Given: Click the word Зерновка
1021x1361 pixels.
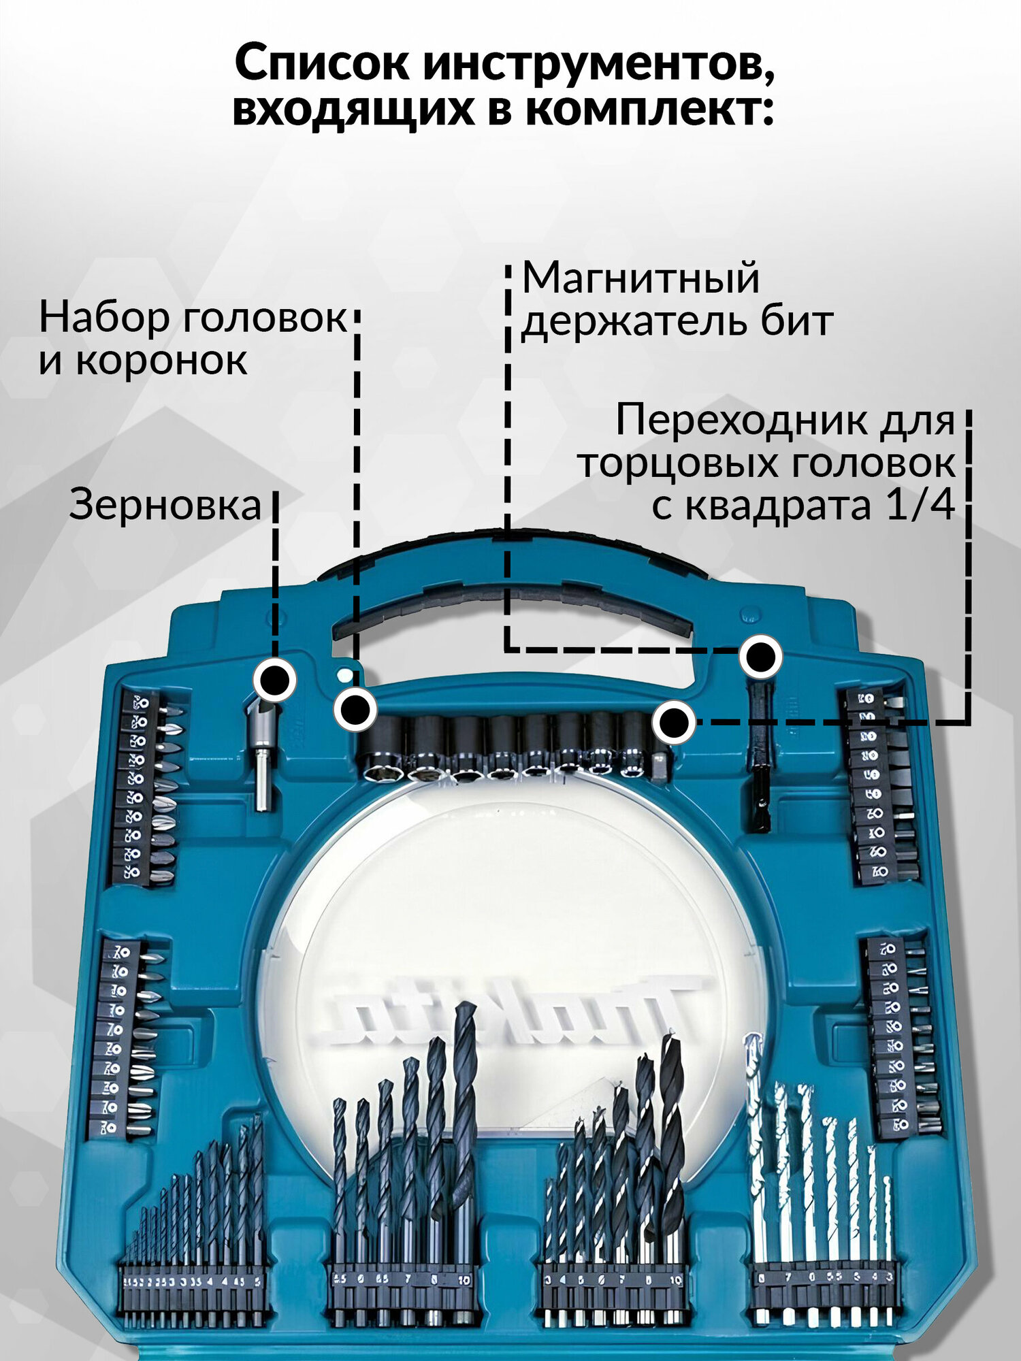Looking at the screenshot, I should click(165, 506).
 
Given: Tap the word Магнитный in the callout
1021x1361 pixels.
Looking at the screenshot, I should click(640, 279).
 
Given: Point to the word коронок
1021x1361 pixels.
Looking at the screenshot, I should click(161, 361).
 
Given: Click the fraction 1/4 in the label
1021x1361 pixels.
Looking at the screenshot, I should click(920, 506).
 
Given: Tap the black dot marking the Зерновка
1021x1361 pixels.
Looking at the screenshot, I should click(275, 679).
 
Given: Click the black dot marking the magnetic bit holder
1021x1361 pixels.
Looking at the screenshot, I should click(761, 657).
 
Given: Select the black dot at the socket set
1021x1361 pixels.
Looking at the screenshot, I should click(355, 710).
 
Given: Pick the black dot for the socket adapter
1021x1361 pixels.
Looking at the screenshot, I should click(674, 722).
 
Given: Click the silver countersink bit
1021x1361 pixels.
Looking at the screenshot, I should click(261, 755).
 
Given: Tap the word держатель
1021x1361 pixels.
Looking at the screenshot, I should click(633, 322).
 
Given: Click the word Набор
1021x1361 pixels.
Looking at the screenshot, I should click(102, 318).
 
